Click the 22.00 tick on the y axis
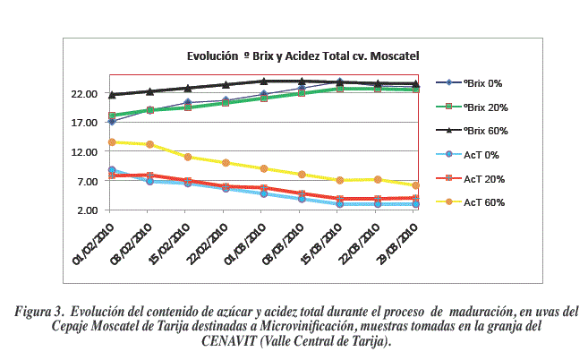[83, 94]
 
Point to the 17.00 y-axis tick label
[83, 123]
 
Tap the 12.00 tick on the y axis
[83, 152]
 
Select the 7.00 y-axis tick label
[86, 182]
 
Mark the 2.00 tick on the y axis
[86, 210]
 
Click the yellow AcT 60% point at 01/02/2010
[112, 142]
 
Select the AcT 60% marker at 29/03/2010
[416, 185]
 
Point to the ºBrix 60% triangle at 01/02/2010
[112, 94]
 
